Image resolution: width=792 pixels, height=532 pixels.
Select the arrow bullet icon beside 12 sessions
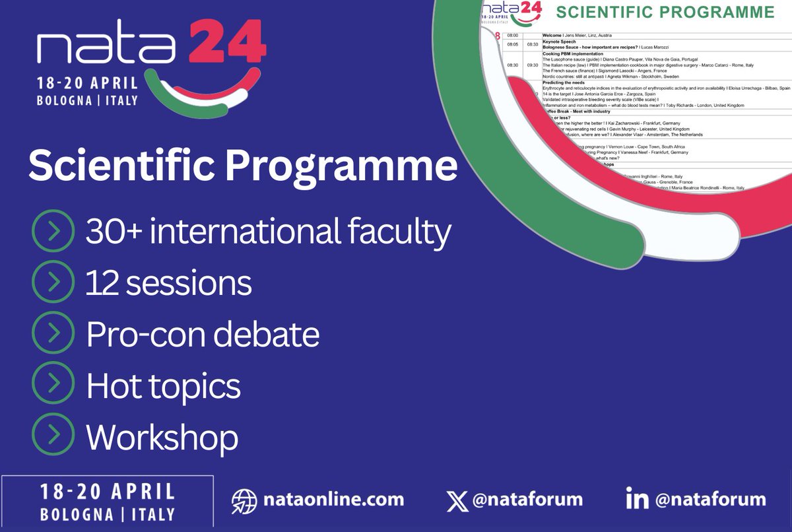click(x=52, y=283)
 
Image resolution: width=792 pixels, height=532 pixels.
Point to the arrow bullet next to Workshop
click(x=52, y=436)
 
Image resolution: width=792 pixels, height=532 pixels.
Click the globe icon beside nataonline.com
click(x=244, y=500)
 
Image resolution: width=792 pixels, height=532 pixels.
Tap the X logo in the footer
click(x=457, y=499)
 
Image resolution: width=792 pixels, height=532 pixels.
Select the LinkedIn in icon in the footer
click(x=636, y=499)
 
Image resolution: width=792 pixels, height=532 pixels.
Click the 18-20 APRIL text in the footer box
click(x=107, y=492)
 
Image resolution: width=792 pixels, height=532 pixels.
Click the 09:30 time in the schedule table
click(x=531, y=65)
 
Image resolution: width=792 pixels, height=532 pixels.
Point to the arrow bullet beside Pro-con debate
click(x=52, y=334)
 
